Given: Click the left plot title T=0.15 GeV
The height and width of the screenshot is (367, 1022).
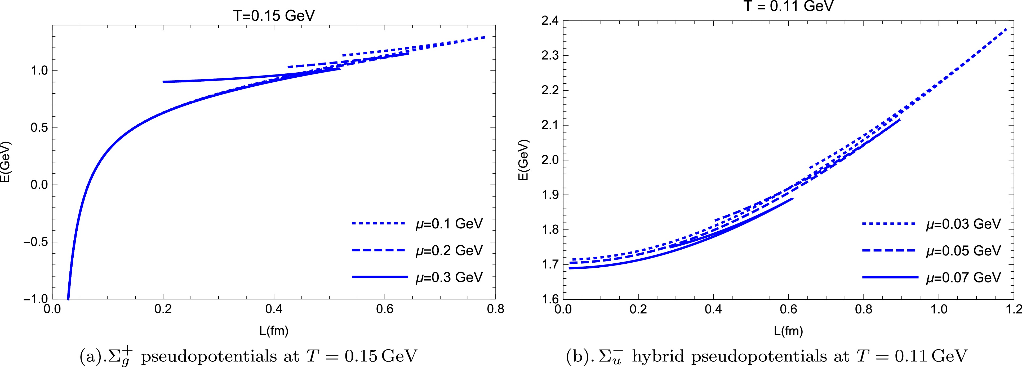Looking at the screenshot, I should coord(273,15).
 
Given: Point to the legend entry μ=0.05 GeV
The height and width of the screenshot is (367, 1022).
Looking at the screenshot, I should coord(963,250).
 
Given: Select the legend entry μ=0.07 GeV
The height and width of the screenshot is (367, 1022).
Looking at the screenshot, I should coord(963,277).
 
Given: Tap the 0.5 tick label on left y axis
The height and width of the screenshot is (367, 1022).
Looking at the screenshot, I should coord(39,128).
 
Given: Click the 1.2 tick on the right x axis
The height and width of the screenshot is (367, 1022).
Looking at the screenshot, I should coord(1014,309).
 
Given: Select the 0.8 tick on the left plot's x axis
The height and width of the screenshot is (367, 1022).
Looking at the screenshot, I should coord(495,309).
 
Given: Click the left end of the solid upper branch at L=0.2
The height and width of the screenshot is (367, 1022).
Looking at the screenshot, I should coord(163,82).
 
